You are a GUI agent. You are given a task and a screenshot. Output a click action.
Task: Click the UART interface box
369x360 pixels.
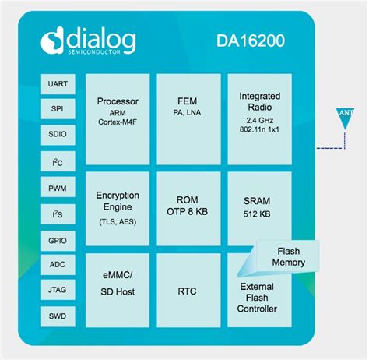coord(57,83)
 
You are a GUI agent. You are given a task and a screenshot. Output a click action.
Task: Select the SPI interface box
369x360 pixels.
coord(57,109)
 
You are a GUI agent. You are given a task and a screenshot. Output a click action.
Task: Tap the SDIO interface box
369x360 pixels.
coord(57,135)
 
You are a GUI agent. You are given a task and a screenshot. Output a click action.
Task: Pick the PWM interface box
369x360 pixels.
coord(57,187)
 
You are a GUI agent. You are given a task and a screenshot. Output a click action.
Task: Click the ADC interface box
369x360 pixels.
coord(57,264)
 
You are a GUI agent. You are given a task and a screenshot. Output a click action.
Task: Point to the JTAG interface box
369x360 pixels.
coord(57,290)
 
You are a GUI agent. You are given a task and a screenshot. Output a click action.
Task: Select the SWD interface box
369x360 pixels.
coord(57,316)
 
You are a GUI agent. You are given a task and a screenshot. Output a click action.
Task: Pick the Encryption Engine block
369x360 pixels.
coord(117,207)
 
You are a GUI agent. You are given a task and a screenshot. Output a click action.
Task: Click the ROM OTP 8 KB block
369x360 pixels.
coord(187,207)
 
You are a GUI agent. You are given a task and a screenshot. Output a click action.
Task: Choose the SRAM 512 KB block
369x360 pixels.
coord(258,207)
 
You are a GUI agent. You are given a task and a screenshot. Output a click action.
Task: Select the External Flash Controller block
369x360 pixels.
coord(258,298)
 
